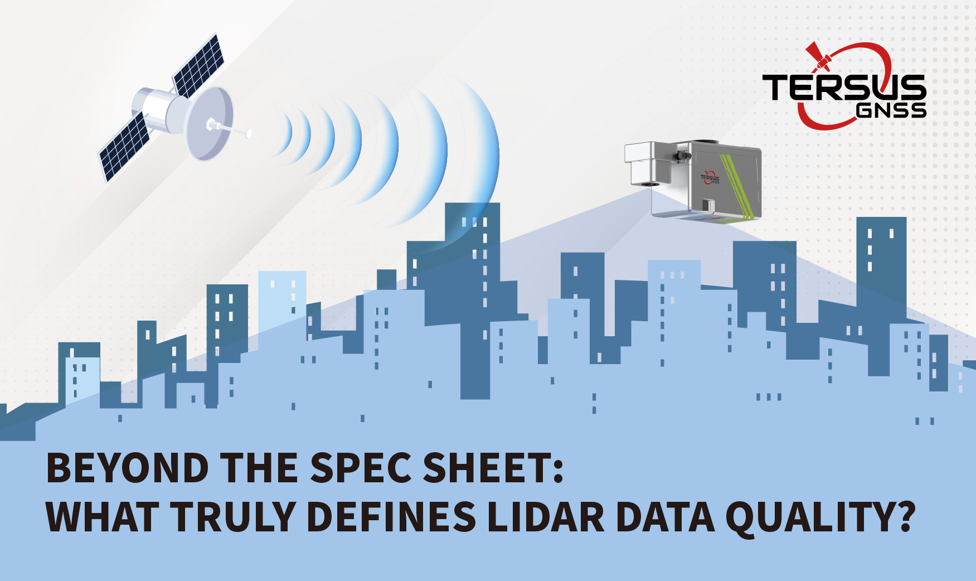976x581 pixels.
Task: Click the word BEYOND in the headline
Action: coord(128,468)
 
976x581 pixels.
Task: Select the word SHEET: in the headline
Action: coord(493,468)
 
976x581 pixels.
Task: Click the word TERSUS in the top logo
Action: coord(844,88)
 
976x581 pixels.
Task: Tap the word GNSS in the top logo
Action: coord(891,110)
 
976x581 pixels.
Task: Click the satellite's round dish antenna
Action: coord(208,124)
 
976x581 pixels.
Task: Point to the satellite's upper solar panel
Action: coord(198,66)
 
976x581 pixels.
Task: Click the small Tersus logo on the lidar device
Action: coord(710,178)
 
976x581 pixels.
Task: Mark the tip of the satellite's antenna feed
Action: coord(249,134)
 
